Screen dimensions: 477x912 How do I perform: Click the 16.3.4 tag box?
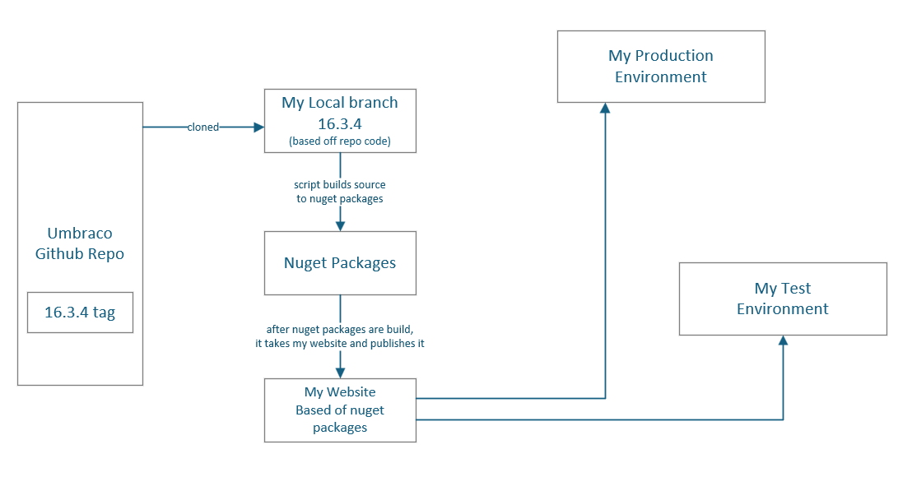[80, 313]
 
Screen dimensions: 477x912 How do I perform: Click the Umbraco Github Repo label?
[80, 244]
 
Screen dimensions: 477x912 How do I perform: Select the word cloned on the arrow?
[203, 127]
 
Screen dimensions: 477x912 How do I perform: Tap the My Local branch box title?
[340, 103]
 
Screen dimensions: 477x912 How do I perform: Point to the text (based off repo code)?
[340, 141]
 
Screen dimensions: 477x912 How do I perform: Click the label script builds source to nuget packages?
[340, 192]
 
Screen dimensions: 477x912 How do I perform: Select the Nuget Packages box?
[340, 263]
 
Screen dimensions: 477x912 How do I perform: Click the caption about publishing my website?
[340, 336]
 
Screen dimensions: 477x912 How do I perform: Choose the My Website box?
[340, 410]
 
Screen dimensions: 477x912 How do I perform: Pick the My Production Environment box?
[661, 67]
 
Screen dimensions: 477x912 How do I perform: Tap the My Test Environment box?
[783, 299]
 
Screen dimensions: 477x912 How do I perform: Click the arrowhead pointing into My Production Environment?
[606, 109]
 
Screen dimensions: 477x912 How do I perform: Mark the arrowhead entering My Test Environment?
[783, 340]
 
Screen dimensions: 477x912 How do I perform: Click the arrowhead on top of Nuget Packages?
[340, 225]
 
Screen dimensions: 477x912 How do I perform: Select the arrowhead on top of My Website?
[340, 373]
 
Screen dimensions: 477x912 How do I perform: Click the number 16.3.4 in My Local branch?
[340, 123]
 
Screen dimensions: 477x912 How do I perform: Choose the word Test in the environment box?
[796, 289]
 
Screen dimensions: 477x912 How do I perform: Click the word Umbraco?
[80, 234]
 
